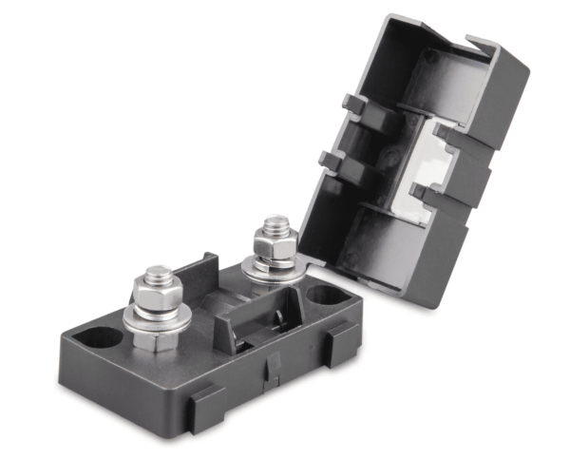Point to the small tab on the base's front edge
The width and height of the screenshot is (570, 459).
pos(273,364)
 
